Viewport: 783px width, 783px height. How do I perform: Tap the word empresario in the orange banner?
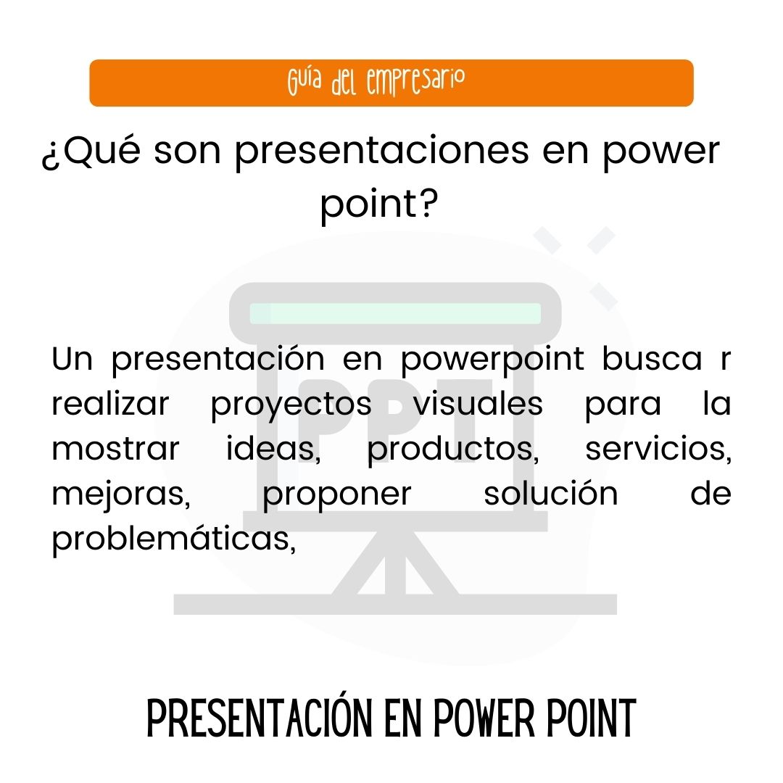click(x=415, y=82)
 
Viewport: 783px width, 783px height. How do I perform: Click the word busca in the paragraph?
click(x=652, y=360)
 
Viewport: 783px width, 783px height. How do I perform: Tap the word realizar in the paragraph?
click(x=109, y=405)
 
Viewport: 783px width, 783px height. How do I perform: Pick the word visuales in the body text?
click(x=478, y=404)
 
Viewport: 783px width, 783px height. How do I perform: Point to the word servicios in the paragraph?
click(x=658, y=449)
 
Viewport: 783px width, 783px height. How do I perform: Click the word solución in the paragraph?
click(x=550, y=494)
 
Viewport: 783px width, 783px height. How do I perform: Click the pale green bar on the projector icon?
click(x=396, y=313)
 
